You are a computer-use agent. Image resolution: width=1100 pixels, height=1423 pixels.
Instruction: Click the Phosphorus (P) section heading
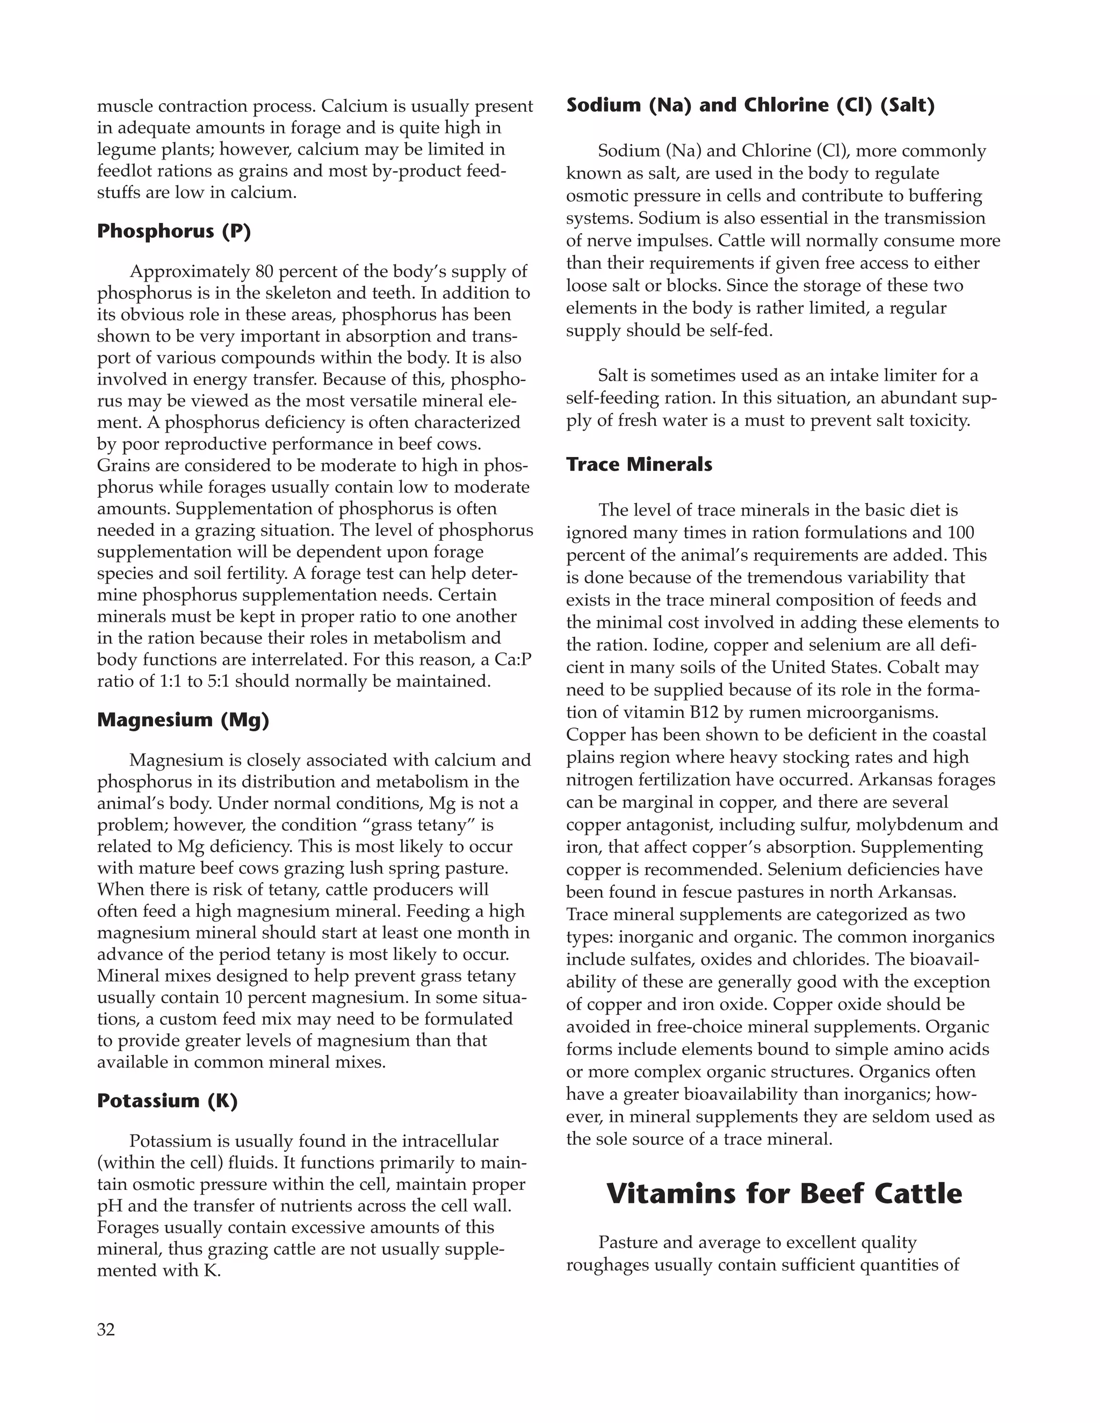(173, 231)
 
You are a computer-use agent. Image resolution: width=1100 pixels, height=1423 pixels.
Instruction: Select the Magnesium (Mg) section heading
(183, 720)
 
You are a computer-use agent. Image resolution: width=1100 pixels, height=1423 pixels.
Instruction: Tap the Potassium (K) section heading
(167, 1100)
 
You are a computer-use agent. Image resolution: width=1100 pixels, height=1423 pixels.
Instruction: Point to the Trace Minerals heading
(639, 464)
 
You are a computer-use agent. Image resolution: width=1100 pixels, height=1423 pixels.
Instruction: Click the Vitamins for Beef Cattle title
(784, 1194)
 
